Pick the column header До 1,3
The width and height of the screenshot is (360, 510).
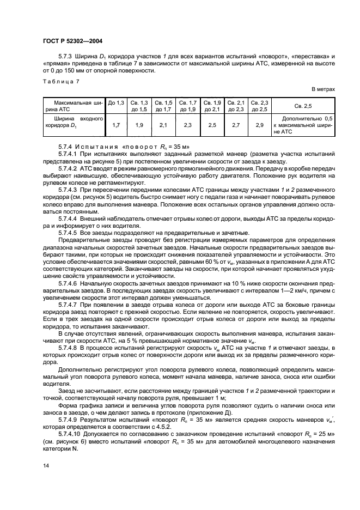116,102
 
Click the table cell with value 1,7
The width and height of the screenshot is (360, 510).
116,125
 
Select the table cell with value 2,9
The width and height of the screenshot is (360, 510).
259,125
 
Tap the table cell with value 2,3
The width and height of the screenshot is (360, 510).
188,125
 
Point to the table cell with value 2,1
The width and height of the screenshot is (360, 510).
164,125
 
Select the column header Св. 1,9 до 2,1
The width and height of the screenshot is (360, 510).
212,106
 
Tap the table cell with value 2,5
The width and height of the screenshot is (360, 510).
212,125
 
